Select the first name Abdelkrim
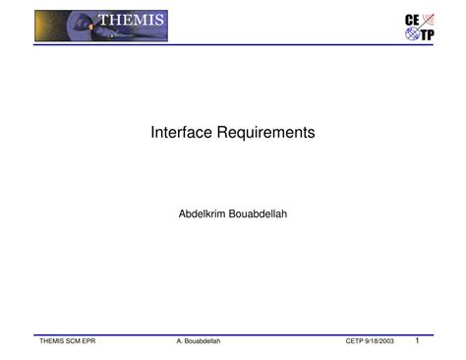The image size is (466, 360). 204,212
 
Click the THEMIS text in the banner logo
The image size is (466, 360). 132,21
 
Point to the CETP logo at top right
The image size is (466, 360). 419,29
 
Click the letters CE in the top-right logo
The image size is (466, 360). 413,21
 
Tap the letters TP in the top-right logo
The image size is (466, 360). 427,36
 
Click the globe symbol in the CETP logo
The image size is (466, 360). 411,36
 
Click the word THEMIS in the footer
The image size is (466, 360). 50,341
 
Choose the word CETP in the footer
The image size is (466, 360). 356,341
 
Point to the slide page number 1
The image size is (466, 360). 417,340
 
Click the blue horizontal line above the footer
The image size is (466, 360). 233,334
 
